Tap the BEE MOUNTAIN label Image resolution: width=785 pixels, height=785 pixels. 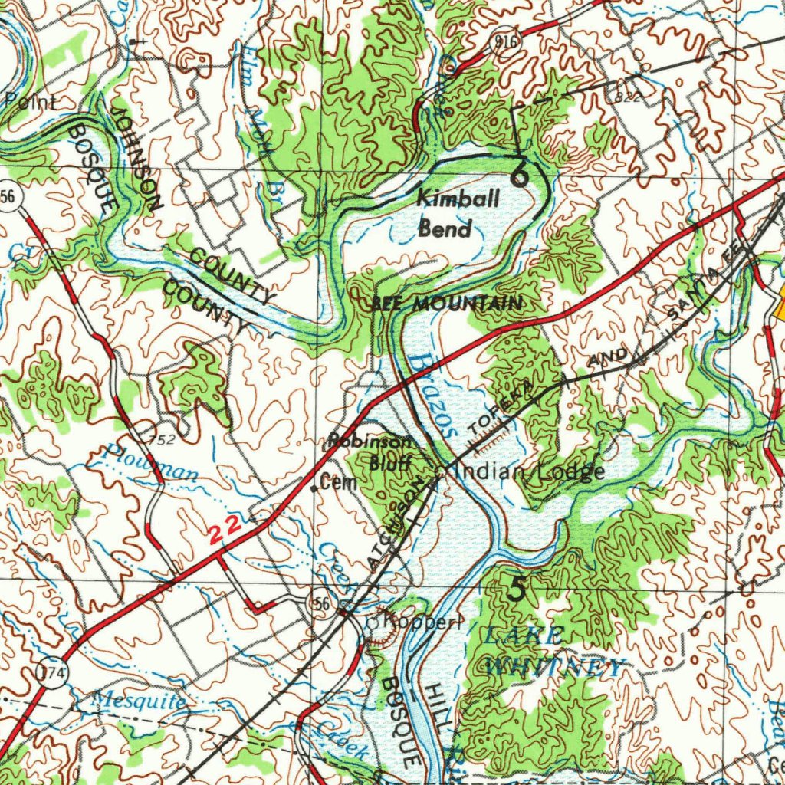coord(447,304)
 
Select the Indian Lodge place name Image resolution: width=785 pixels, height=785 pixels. coord(530,471)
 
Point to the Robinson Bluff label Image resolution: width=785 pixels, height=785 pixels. coord(371,452)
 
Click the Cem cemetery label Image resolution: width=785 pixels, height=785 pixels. coord(335,484)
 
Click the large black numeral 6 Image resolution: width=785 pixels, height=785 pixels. coord(519,176)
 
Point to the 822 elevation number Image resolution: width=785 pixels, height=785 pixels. coord(626,98)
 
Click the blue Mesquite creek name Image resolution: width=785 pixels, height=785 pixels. coord(138,701)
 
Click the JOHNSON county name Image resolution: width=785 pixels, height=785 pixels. coord(136,157)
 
